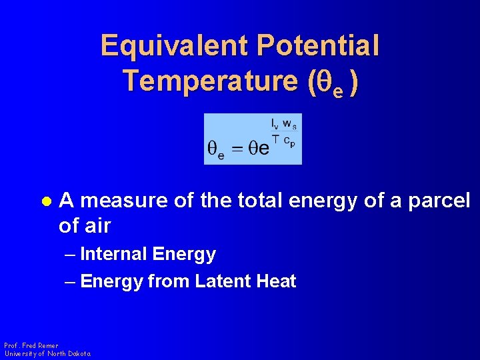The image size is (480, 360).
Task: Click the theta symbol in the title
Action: tap(322, 82)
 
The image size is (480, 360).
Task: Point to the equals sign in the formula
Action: tap(238, 149)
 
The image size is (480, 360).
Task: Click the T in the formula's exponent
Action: tap(274, 138)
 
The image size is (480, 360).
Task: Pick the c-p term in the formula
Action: tap(289, 141)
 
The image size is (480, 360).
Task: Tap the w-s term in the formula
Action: tap(290, 123)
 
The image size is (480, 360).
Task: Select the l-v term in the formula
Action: tap(275, 123)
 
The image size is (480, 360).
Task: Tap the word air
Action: tap(97, 227)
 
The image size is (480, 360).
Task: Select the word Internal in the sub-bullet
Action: tap(113, 254)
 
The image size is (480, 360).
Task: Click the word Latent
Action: tap(221, 281)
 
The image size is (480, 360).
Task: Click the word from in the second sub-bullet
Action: tap(169, 281)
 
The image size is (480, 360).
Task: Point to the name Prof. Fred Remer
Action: tap(31, 345)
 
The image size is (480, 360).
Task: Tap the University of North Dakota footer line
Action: tap(47, 353)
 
